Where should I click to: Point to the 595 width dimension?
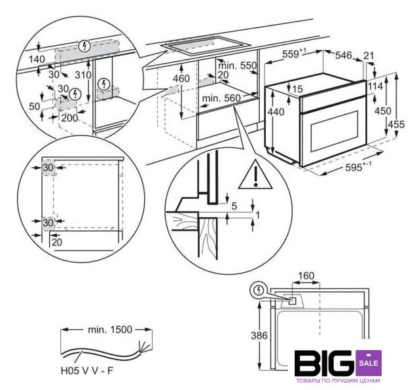354,169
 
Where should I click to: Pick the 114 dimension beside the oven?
376,86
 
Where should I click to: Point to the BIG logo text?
324,364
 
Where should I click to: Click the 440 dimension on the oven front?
277,112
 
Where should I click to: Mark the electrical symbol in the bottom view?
259,289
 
